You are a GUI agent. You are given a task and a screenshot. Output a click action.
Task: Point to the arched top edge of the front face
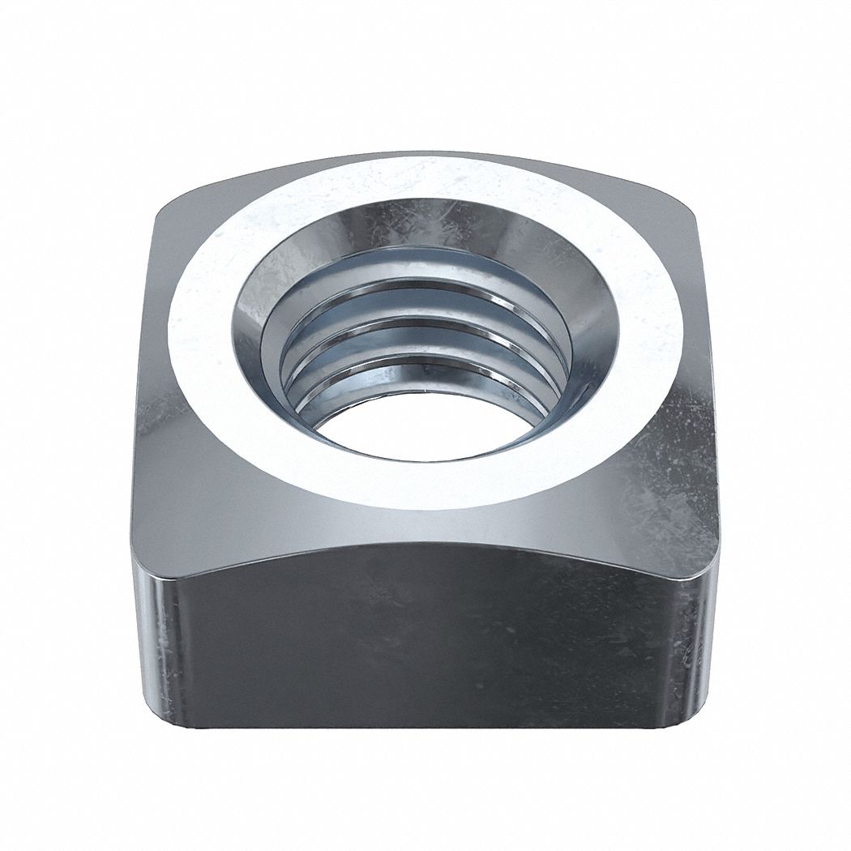[x=421, y=546]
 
